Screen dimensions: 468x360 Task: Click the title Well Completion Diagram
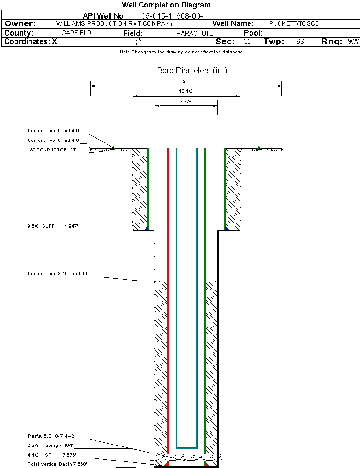tap(166, 5)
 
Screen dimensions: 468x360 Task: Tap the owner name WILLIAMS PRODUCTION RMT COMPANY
tap(114, 23)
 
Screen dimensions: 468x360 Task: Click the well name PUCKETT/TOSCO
tap(294, 23)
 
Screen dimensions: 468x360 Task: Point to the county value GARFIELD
tap(76, 33)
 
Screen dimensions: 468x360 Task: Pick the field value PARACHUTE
tap(194, 33)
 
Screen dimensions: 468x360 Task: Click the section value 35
tap(247, 42)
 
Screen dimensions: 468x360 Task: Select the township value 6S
tap(300, 42)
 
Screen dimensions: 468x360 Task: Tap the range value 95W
tap(353, 42)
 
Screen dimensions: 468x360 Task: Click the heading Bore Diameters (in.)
tap(192, 71)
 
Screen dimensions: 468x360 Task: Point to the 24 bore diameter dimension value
tap(186, 82)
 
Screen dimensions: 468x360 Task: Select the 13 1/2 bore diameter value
tap(186, 91)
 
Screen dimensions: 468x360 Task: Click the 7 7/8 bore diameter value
tap(186, 101)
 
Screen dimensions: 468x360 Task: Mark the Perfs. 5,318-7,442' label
tap(51, 436)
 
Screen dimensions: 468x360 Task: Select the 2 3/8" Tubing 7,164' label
tap(50, 446)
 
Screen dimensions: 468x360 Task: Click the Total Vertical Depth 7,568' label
tap(57, 464)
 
